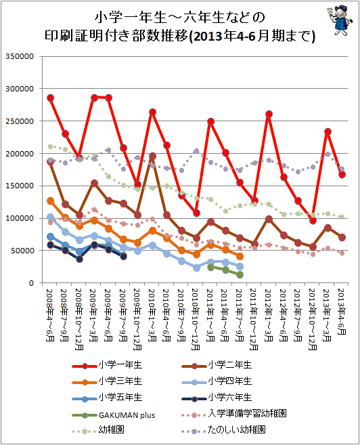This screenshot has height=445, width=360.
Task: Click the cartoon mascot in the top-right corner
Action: point(340,20)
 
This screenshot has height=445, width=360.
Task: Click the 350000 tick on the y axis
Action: point(20,56)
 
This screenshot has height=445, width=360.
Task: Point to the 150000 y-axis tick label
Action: point(20,186)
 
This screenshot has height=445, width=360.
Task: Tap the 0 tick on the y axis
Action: point(31,283)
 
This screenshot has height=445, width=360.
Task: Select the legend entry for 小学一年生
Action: point(107,365)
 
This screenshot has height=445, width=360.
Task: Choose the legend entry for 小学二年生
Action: point(217,365)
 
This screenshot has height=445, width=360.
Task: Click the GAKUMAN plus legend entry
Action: point(114,415)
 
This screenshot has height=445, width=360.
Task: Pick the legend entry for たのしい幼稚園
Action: point(224,429)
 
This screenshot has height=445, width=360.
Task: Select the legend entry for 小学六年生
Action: point(217,398)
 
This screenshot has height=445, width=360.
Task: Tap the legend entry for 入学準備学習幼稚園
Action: point(234,413)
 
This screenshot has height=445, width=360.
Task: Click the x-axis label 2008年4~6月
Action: point(49,315)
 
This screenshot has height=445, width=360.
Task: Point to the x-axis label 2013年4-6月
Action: point(341,312)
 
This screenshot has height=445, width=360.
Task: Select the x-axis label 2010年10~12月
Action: point(196,319)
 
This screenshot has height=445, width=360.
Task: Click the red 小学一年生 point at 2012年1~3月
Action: point(269,114)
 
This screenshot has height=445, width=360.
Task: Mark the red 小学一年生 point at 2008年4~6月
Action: point(51,98)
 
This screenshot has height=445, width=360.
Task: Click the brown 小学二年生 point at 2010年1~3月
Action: point(152,156)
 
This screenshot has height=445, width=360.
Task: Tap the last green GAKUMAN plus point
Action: point(240,275)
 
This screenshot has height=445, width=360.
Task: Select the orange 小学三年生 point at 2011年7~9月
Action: point(240,256)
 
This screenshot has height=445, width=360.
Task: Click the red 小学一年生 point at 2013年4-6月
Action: point(342,175)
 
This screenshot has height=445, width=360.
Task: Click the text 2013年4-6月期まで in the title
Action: point(252,37)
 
